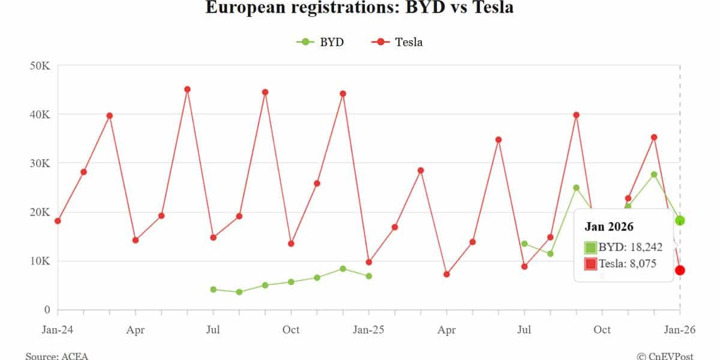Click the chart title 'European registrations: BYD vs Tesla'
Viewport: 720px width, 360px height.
(x=359, y=8)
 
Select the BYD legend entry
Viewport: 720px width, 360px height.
(x=320, y=42)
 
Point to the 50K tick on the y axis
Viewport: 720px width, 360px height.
(x=40, y=65)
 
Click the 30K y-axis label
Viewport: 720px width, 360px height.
(x=40, y=163)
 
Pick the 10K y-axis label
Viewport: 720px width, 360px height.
(x=40, y=261)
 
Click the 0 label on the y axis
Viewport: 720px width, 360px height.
(x=46, y=310)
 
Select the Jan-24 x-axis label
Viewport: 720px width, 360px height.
(x=58, y=329)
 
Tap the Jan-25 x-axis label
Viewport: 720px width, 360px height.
(x=369, y=329)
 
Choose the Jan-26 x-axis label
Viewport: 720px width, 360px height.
(x=680, y=329)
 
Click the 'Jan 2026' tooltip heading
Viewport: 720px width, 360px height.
(x=609, y=227)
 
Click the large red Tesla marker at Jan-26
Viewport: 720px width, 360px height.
(x=680, y=271)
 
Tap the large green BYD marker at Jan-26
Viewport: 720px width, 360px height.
(x=680, y=221)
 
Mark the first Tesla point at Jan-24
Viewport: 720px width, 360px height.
(x=58, y=221)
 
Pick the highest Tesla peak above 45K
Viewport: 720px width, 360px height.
(x=187, y=89)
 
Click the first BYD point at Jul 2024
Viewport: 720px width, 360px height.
(x=213, y=289)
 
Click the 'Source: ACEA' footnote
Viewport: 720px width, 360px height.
(x=56, y=356)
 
